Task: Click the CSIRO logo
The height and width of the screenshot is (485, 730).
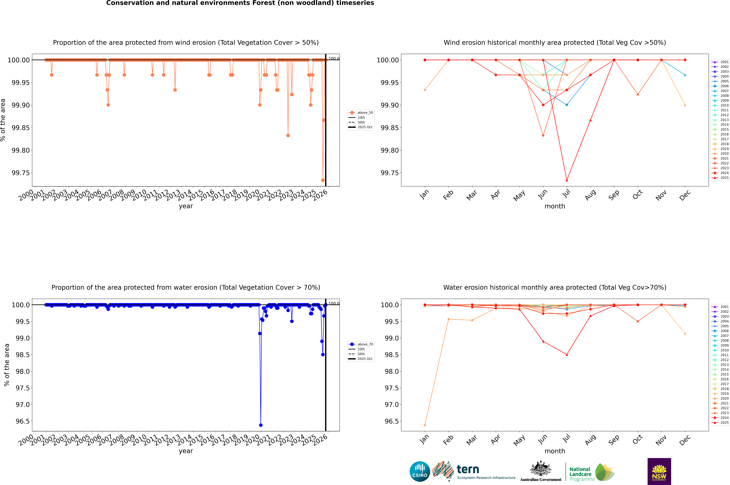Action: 420,471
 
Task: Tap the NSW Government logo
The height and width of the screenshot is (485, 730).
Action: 659,471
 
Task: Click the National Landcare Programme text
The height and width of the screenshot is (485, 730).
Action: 581,474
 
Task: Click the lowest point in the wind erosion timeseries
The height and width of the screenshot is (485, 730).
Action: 323,180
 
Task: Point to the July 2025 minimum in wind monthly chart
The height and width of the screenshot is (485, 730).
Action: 567,180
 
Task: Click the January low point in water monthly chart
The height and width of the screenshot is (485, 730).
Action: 425,425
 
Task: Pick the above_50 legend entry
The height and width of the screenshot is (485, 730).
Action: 365,113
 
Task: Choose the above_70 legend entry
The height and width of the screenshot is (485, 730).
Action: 365,344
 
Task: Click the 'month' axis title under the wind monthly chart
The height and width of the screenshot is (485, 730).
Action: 555,206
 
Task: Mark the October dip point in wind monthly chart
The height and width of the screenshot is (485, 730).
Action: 637,94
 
